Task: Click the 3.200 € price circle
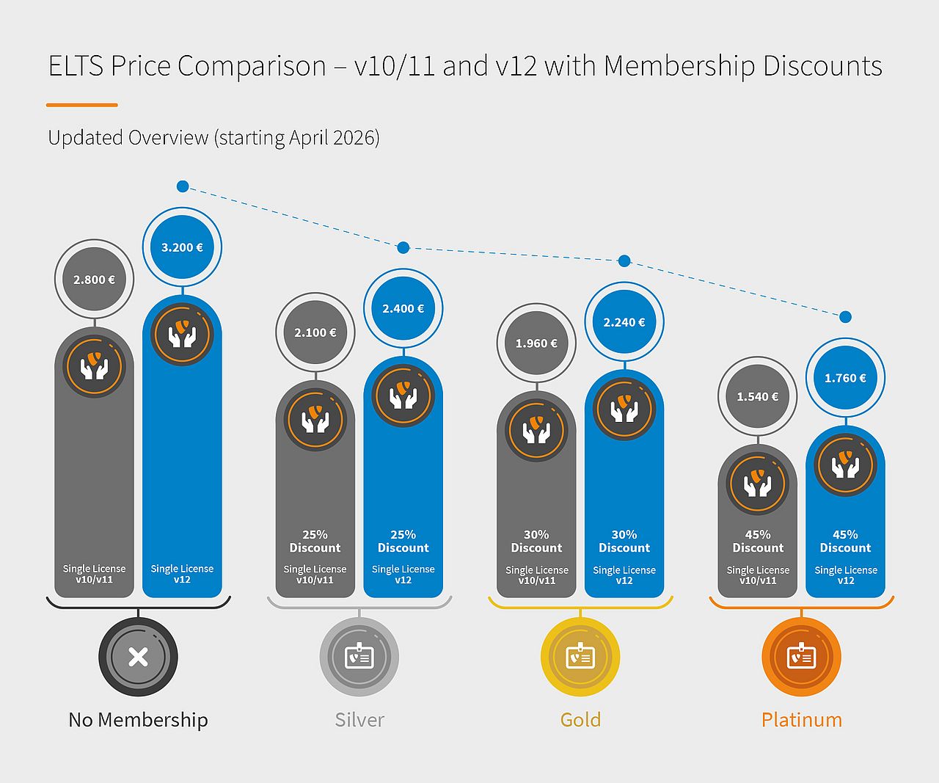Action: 183,247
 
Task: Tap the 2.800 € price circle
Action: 94,280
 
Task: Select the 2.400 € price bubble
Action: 403,309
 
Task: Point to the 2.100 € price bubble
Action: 315,332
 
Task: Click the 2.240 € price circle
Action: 624,322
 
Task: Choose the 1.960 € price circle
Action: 536,343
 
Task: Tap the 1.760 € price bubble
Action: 845,378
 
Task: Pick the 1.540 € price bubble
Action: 758,397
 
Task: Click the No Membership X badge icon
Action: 138,657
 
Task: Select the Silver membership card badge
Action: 359,657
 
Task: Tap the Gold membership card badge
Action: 580,657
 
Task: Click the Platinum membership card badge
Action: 801,657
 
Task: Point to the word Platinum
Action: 801,720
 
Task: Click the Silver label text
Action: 359,720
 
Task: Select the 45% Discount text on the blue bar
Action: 845,542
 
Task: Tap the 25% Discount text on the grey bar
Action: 315,542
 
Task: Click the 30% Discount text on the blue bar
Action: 624,542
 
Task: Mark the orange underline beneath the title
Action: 81,105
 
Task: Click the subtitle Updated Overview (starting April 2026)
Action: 213,137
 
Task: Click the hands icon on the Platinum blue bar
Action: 845,465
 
